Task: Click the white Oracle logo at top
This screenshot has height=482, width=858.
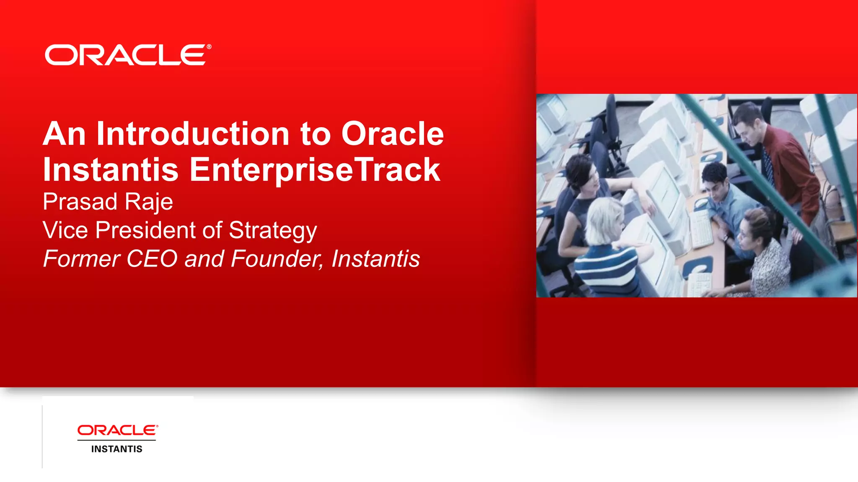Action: point(126,55)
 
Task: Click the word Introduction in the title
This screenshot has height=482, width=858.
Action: point(193,134)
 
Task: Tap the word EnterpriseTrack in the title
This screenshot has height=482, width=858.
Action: point(315,170)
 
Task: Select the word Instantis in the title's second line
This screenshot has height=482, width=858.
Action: point(111,170)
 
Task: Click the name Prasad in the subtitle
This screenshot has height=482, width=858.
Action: point(80,202)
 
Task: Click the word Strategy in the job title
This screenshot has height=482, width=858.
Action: point(273,231)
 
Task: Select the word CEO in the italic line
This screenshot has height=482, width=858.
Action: point(152,259)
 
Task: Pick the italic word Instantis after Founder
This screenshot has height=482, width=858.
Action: point(375,259)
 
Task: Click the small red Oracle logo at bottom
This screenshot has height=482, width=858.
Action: point(117,430)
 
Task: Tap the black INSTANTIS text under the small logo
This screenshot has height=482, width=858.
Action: point(116,449)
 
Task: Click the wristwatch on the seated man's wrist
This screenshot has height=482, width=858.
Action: point(725,238)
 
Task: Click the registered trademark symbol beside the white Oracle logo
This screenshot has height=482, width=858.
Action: point(209,47)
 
